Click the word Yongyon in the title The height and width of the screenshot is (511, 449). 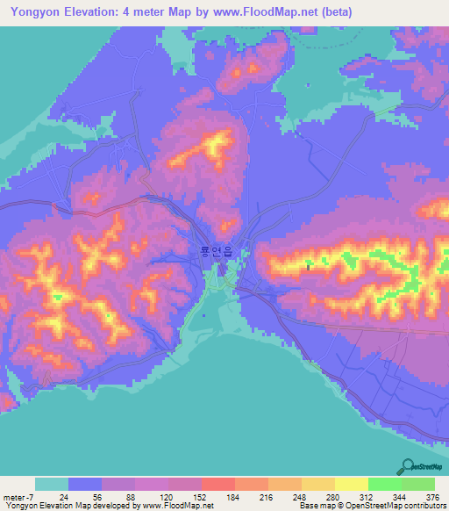coord(33,11)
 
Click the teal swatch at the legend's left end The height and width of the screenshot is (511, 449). coord(52,484)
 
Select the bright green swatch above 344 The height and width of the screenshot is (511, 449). coord(385,484)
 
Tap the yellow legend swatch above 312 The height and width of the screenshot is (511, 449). coord(352,484)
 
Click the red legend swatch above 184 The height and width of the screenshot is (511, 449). coord(218,484)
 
